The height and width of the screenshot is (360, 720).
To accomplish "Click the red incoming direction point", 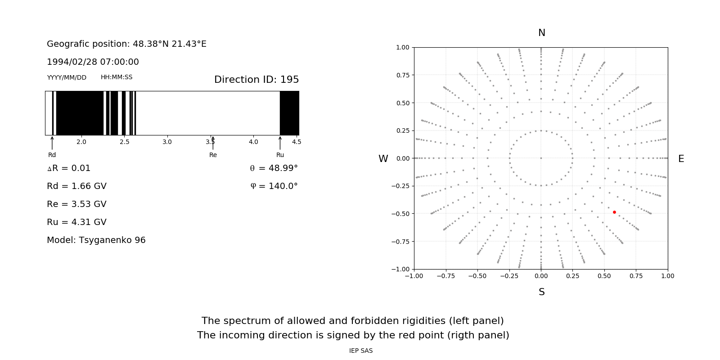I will (x=614, y=212).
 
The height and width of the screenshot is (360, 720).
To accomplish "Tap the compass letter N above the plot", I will (x=541, y=33).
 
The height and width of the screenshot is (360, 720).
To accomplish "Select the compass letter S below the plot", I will (x=541, y=292).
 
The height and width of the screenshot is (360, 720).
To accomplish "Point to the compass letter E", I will (x=681, y=159).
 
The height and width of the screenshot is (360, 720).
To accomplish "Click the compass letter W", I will (x=383, y=159).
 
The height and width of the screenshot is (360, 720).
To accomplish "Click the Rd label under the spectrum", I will (x=52, y=155).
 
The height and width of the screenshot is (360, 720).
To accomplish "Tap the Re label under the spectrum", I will (x=213, y=155).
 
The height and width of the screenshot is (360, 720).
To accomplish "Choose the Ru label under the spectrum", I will (x=280, y=155).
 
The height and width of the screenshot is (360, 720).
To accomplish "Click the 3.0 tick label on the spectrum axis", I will (x=167, y=142).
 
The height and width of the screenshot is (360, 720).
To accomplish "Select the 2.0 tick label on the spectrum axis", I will (x=81, y=142).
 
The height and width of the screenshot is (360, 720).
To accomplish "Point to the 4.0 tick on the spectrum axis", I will (x=253, y=142).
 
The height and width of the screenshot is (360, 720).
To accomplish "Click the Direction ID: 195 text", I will (x=256, y=80).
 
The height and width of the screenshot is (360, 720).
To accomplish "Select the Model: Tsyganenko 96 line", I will (x=96, y=240).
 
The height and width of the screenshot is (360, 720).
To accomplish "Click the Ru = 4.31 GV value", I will (x=76, y=222).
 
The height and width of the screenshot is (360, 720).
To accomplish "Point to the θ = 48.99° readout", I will (x=274, y=168).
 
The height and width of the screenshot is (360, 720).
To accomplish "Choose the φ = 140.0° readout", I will (x=274, y=186).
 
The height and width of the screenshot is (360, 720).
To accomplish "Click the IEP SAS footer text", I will (x=360, y=351).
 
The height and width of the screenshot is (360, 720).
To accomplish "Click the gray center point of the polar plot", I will (x=541, y=158).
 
